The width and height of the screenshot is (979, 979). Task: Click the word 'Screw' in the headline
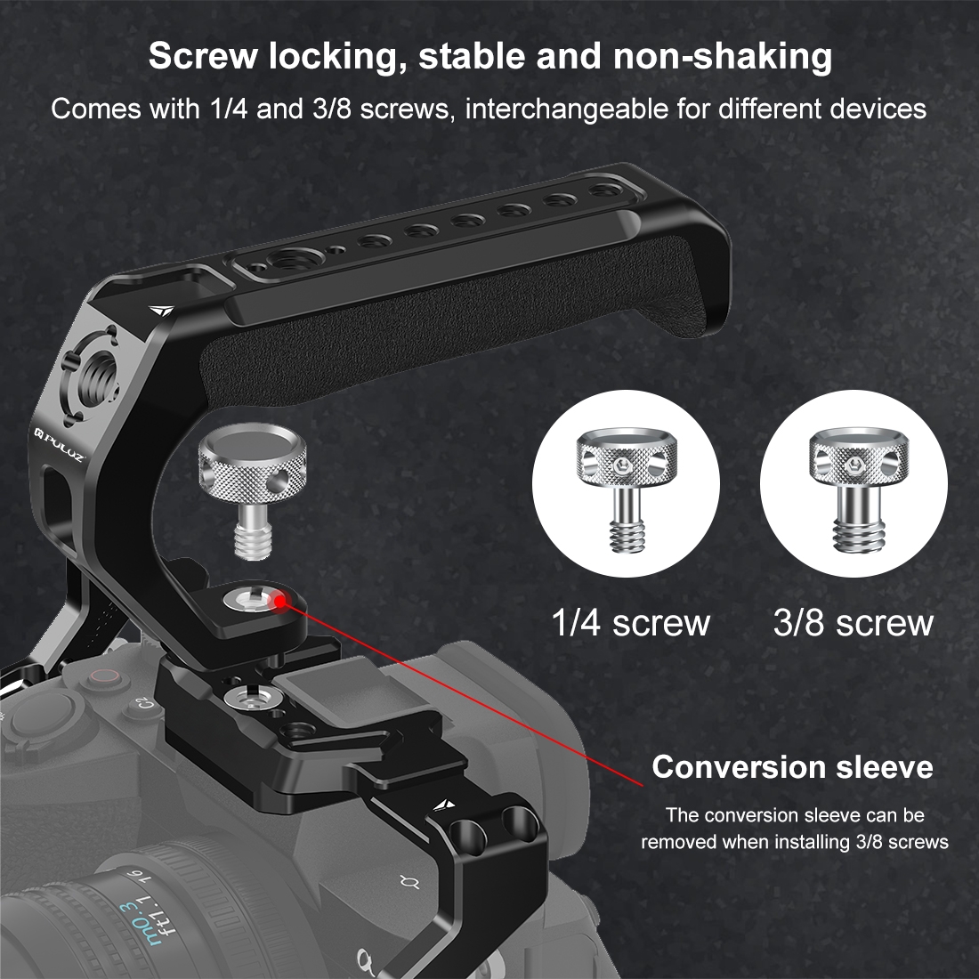203,56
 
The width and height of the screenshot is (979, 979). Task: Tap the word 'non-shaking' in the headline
723,56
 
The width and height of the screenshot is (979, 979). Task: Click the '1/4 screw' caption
631,622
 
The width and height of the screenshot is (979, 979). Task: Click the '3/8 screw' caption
853,622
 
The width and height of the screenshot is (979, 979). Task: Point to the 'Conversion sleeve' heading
792,766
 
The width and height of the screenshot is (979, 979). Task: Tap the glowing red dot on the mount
279,602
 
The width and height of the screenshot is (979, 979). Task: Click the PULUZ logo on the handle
59,443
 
